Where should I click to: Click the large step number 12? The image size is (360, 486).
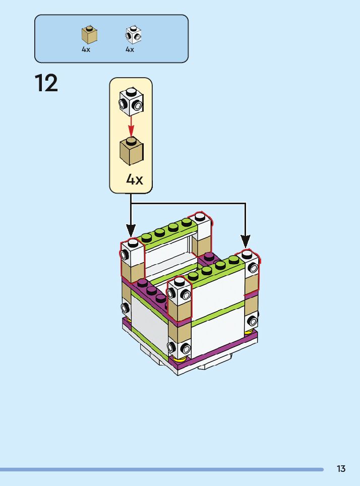pyautogui.click(x=46, y=84)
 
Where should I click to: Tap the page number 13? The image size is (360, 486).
pyautogui.click(x=341, y=469)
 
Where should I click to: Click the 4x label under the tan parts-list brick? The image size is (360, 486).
pyautogui.click(x=86, y=50)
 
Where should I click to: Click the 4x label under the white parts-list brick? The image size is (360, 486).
pyautogui.click(x=130, y=50)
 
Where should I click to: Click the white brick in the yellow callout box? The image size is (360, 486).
pyautogui.click(x=131, y=101)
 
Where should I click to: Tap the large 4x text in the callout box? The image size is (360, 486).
pyautogui.click(x=134, y=179)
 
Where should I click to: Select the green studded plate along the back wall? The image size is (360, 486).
pyautogui.click(x=167, y=231)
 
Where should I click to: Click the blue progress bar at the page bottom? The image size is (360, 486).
pyautogui.click(x=161, y=469)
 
